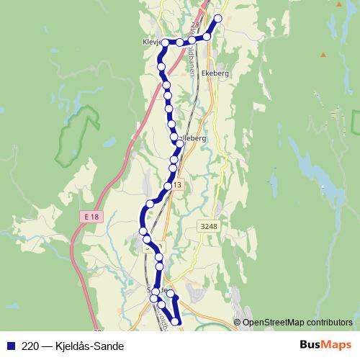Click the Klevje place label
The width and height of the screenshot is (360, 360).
(153, 42)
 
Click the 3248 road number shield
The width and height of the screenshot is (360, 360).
(207, 227)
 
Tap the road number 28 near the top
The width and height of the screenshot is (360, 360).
(194, 26)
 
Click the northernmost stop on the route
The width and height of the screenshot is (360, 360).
(218, 19)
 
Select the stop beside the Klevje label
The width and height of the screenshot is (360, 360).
(166, 43)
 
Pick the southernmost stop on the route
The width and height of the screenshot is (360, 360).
(176, 321)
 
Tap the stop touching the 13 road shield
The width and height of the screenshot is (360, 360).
(168, 186)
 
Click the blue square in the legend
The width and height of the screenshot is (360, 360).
(10, 346)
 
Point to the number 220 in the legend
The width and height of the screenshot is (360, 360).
(30, 346)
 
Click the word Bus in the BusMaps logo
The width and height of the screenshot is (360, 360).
(310, 345)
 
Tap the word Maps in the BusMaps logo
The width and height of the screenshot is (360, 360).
(336, 345)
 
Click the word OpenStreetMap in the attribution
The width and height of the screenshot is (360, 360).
(270, 322)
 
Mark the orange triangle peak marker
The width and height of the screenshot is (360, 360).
(323, 55)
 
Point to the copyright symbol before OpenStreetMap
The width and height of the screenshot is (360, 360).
(237, 322)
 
